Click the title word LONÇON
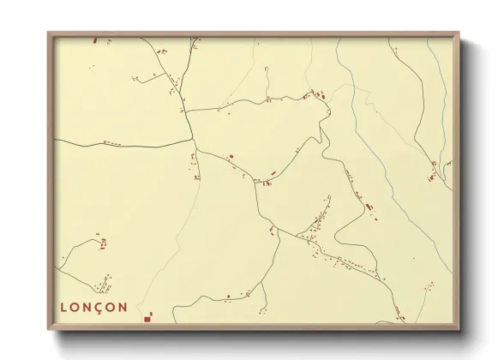(93, 306)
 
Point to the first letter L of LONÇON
(64, 306)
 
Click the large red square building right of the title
(147, 318)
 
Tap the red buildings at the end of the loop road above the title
(103, 243)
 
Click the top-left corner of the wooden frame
(49, 33)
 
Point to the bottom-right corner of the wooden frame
(459, 329)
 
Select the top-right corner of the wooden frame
(459, 33)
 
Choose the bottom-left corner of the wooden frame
(49, 329)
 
